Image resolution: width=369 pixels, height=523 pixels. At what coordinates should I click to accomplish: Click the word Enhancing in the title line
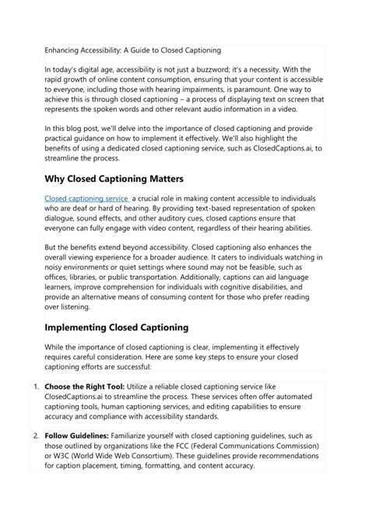tap(68, 48)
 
